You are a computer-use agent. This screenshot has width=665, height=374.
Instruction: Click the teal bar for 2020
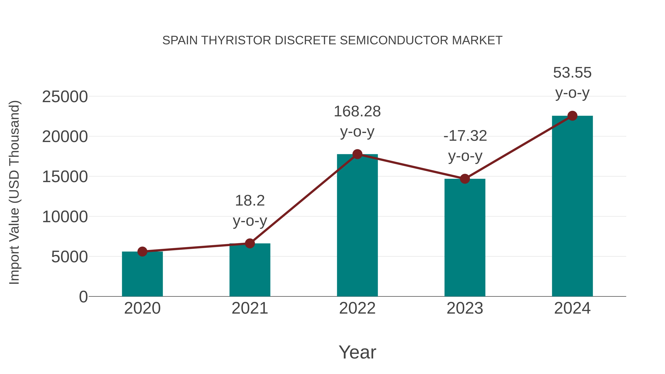tap(142, 274)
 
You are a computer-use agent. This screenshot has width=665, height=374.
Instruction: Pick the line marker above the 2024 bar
tap(572, 116)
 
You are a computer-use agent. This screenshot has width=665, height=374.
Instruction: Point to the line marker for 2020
tap(142, 251)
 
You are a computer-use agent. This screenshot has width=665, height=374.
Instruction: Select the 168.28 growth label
tap(357, 112)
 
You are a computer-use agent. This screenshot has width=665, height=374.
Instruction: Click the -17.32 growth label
tap(465, 136)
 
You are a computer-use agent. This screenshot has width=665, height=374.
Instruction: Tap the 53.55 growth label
tap(572, 73)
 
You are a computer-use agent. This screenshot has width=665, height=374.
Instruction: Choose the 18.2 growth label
tap(250, 201)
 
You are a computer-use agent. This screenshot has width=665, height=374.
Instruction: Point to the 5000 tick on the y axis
tap(69, 257)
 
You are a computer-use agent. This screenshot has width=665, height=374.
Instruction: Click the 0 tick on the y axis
tap(83, 297)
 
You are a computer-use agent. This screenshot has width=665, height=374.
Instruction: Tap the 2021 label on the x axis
tap(250, 308)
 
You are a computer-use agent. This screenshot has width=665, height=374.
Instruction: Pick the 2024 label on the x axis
tap(572, 308)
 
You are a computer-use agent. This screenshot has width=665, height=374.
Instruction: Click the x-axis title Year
tap(357, 352)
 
